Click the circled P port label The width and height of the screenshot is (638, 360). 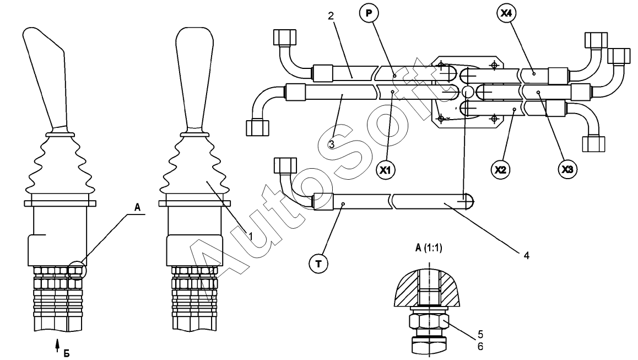coord(369,13)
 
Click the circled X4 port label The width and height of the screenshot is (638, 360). coord(506,13)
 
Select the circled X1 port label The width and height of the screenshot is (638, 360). coord(385,169)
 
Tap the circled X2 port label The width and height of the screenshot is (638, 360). coord(500,169)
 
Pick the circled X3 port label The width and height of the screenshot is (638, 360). coord(567,169)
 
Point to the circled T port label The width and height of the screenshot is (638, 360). coord(318,264)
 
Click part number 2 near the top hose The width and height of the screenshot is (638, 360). coord(331,17)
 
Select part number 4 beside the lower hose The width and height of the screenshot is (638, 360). coord(527,256)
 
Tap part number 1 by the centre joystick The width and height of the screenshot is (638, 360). coord(251,236)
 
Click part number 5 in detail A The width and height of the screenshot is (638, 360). coord(480,334)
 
